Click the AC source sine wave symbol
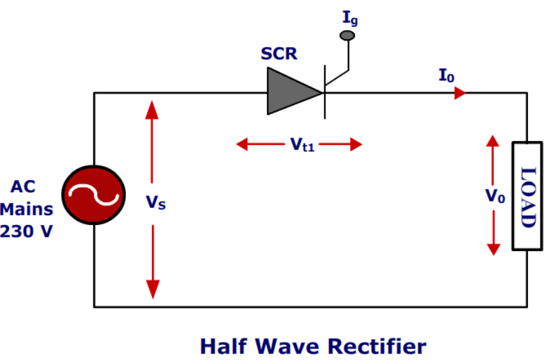pos(93,195)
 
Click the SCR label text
pos(279,54)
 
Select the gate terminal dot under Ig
pos(349,35)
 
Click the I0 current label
pos(446,76)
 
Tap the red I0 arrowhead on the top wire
pos(459,93)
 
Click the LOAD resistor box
pos(527,196)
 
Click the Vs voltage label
pos(155,203)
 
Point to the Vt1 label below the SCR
pos(302,145)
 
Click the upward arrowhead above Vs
pos(152,108)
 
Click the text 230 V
pos(27,231)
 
